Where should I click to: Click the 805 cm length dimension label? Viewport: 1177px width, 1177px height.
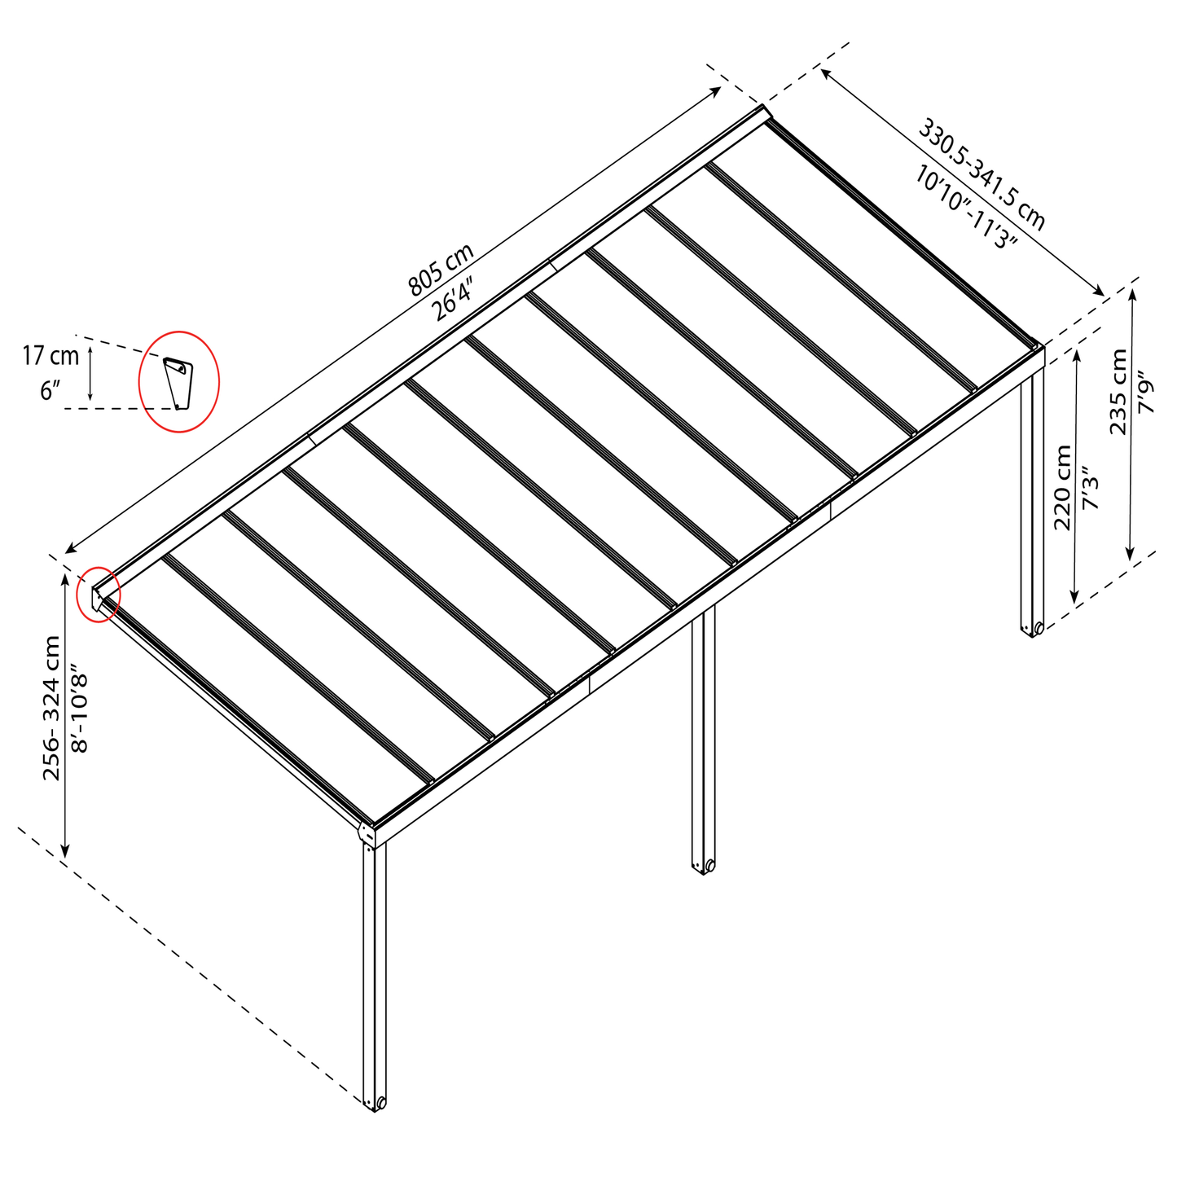(x=441, y=270)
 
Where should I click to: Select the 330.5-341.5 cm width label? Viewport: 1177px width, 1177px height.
(x=982, y=174)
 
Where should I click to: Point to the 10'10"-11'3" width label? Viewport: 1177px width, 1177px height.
(x=966, y=207)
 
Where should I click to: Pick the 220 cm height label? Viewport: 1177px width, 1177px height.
(x=1064, y=487)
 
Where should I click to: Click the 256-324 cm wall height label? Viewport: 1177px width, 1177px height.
(x=51, y=708)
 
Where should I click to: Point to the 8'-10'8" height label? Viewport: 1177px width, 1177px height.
(x=79, y=713)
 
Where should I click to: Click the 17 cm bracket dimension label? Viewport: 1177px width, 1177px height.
(x=51, y=356)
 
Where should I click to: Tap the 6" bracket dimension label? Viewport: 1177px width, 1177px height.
(x=50, y=391)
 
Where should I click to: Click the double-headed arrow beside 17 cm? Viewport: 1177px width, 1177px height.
(x=90, y=372)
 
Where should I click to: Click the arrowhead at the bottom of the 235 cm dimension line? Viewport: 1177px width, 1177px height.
(x=1131, y=553)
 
